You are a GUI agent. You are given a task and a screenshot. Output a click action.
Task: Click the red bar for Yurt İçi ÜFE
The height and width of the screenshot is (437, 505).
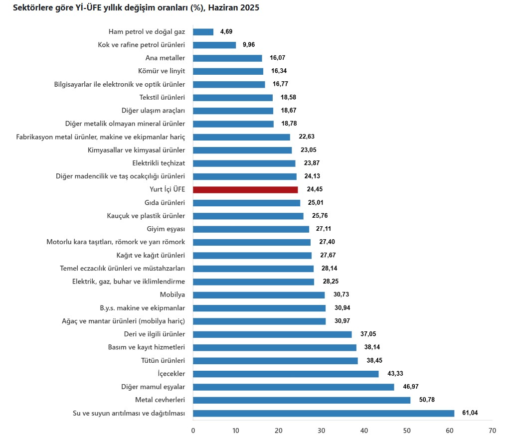[245, 190]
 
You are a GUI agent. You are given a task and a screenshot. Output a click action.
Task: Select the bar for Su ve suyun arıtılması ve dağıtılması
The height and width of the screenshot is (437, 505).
[324, 413]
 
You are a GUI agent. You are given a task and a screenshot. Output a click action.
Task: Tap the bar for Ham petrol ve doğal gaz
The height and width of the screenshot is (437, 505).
[203, 32]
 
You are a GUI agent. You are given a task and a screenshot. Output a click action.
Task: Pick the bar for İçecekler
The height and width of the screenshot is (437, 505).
[286, 374]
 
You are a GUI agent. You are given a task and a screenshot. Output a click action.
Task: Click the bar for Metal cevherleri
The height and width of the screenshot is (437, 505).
[302, 400]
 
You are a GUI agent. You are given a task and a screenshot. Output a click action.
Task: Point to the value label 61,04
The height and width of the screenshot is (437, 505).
[471, 413]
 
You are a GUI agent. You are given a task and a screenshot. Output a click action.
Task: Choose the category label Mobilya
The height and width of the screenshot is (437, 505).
[172, 295]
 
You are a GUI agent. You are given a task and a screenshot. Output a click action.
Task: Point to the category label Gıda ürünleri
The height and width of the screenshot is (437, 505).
[164, 203]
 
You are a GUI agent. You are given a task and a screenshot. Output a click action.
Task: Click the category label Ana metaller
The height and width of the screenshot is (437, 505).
[165, 58]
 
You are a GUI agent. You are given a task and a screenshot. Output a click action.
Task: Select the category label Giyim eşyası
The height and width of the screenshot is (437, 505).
[166, 229]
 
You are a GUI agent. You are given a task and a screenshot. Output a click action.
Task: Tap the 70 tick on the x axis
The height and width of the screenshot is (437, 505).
[493, 430]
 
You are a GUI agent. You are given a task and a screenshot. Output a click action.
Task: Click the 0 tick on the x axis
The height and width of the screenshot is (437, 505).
[193, 430]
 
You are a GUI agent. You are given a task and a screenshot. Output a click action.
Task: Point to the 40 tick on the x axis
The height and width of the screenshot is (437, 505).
[364, 430]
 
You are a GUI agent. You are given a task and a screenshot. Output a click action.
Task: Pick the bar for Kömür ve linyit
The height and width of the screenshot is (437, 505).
[228, 71]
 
